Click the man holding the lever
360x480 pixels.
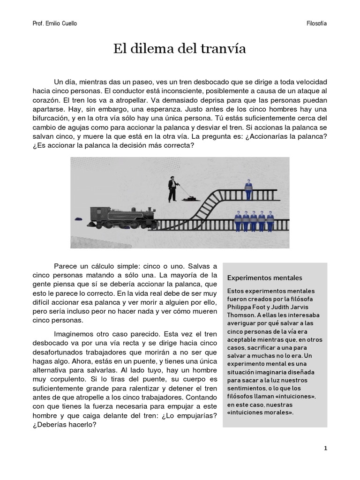click(x=173, y=188)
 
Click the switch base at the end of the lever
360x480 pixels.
click(x=190, y=199)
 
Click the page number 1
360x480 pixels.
click(x=325, y=448)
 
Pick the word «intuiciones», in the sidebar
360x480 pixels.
click(x=293, y=396)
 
